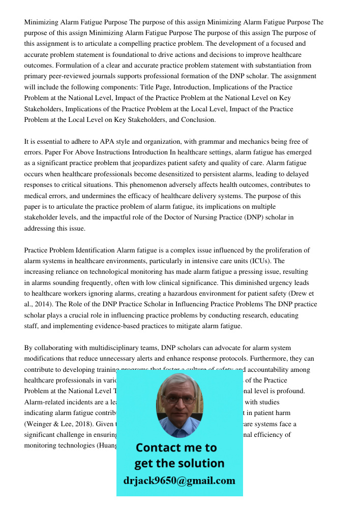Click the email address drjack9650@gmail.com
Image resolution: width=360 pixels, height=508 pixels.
[179, 481]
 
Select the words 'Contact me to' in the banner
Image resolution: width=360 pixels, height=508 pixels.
[176, 448]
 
